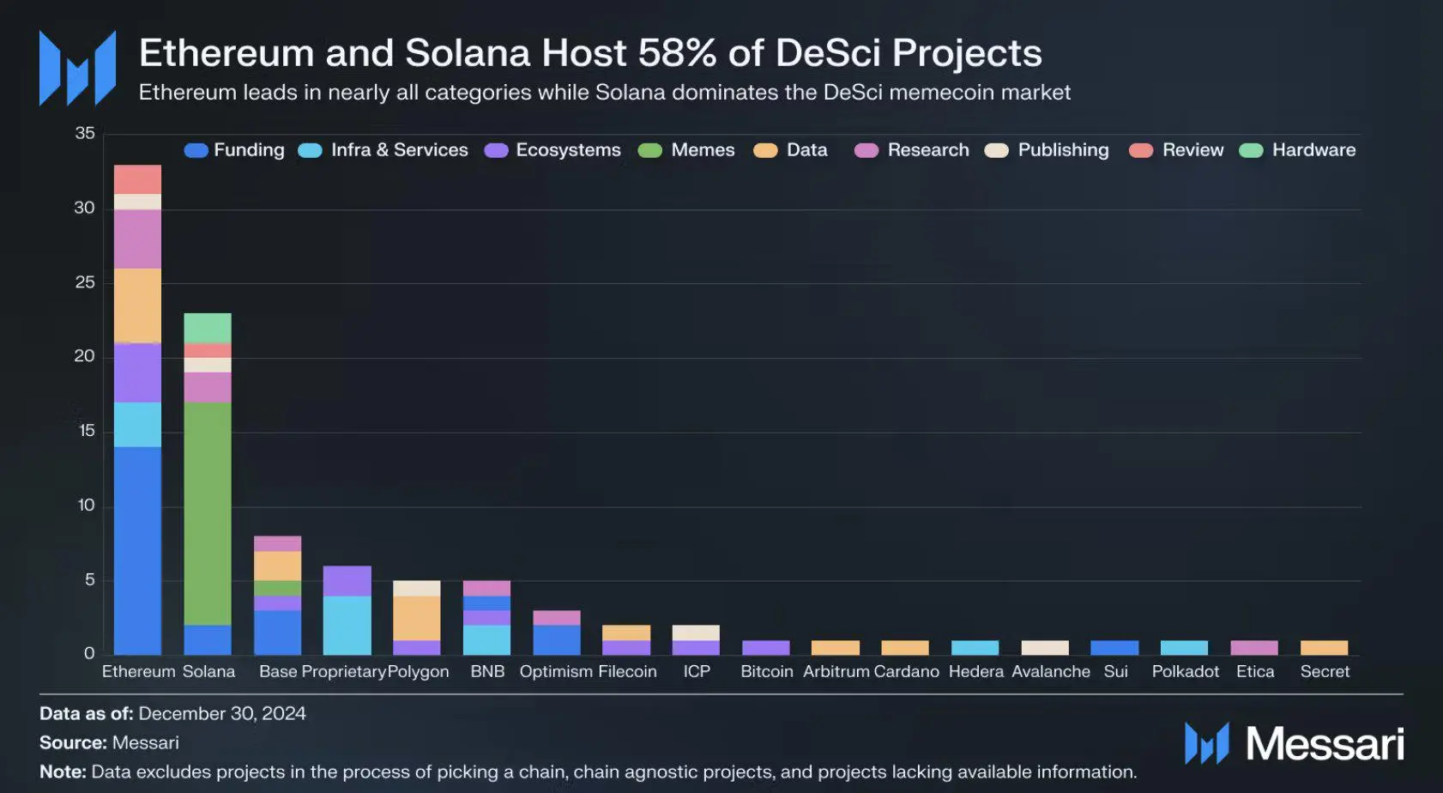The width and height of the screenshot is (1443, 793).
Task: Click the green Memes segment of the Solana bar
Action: coord(208,513)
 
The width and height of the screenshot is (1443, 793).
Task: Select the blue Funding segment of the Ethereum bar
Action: coord(137,549)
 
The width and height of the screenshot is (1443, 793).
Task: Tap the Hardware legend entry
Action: coord(1299,150)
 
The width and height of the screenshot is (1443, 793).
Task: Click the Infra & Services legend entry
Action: coord(383,150)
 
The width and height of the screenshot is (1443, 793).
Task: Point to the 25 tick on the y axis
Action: coord(85,282)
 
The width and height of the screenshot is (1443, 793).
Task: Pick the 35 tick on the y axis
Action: coord(85,133)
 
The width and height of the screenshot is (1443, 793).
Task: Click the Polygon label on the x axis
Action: coord(419,671)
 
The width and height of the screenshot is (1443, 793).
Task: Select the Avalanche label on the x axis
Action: coord(1050,671)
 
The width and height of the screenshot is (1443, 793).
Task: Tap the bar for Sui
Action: coord(1114,648)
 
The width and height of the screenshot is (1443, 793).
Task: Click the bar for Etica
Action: coord(1254,648)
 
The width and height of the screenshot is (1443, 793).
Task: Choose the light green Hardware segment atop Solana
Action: coord(208,328)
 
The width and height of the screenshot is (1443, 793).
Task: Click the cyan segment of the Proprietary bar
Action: coord(347,625)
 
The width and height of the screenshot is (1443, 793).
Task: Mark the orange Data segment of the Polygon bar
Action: coord(417,618)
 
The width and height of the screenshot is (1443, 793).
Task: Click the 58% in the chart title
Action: coord(677,53)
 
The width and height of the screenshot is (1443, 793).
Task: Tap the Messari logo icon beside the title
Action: coord(77,69)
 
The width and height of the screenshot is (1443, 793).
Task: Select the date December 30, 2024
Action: coord(222,714)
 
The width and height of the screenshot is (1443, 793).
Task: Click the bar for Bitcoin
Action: coord(765,648)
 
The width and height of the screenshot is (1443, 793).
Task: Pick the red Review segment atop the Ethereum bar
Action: coord(137,179)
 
